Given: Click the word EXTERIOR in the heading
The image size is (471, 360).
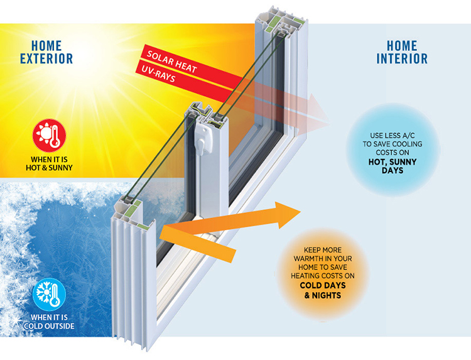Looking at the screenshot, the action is tap(46, 58).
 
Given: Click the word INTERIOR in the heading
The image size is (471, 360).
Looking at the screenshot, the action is tap(402, 58).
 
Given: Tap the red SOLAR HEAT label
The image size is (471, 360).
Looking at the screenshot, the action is tap(171, 62).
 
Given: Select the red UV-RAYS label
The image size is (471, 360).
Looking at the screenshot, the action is tap(158, 74).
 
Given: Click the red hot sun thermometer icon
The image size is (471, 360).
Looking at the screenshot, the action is tap(49, 136).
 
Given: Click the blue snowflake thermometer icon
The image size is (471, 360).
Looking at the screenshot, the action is tap(49, 295).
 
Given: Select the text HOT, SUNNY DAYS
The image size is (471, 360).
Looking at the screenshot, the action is tap(392, 166).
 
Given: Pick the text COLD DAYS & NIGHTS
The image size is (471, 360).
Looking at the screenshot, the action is tap(323, 290).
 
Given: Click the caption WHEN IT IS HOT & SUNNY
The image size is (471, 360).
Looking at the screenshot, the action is tap(49, 163).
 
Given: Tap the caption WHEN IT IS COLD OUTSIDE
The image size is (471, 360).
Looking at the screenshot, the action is tap(49, 322).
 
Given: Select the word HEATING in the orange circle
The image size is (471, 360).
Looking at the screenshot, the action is tap(305, 276).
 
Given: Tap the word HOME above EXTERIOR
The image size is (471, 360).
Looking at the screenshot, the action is tap(46, 46).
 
